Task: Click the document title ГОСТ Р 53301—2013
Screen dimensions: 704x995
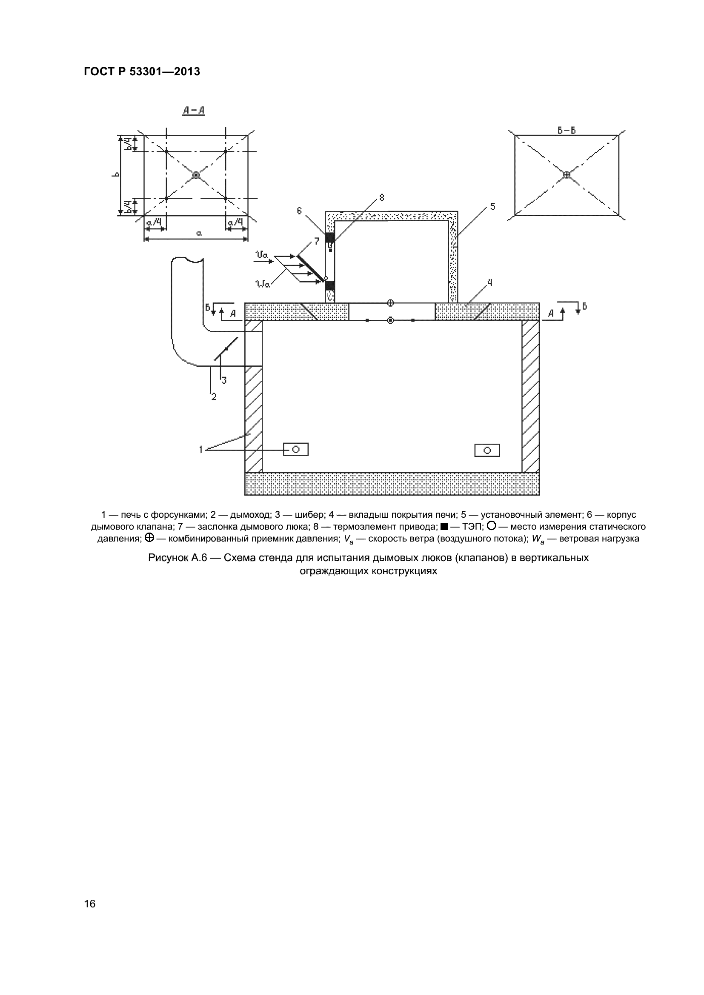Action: (x=142, y=71)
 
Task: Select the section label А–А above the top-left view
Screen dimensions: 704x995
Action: (x=193, y=111)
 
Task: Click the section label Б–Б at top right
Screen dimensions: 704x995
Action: (x=567, y=131)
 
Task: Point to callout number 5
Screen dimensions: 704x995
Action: (x=492, y=207)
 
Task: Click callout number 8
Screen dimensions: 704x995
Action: (x=381, y=198)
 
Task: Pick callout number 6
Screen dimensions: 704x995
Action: (x=299, y=210)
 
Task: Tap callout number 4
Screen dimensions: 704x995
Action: (x=489, y=283)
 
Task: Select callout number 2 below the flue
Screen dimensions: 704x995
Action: (x=213, y=396)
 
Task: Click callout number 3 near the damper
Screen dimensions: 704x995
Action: (x=224, y=380)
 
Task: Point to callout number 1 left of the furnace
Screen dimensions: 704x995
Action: (x=201, y=450)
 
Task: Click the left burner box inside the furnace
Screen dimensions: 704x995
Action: (x=296, y=449)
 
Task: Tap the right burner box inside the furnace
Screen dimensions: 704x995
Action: (x=487, y=450)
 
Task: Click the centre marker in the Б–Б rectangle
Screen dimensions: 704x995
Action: (x=567, y=175)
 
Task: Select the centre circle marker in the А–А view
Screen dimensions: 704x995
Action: (x=196, y=175)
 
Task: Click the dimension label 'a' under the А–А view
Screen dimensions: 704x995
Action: (x=199, y=233)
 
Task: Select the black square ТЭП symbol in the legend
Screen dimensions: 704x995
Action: (x=444, y=527)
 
